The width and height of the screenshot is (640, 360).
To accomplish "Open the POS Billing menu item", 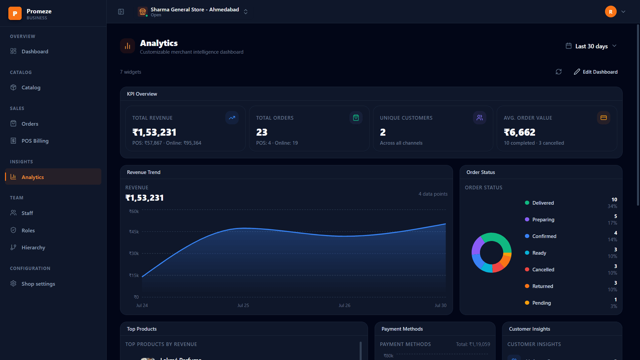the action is click(35, 141).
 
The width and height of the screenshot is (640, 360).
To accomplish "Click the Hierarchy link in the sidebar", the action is click(33, 247).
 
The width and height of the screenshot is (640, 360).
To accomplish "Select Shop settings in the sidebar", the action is click(38, 284).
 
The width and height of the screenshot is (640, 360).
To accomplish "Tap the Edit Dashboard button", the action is click(596, 72).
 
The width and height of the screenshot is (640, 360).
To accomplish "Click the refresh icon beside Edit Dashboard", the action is click(559, 72).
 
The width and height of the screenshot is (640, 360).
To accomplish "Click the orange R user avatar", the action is click(611, 12).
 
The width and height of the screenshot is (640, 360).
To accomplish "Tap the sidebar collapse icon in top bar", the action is click(121, 12).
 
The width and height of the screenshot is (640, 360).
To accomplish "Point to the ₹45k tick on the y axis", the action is click(134, 232).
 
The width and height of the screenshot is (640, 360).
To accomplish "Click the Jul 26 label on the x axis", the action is click(344, 305).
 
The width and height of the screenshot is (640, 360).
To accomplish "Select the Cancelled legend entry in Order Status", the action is click(540, 269).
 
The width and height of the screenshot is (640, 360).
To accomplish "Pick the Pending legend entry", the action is click(538, 303).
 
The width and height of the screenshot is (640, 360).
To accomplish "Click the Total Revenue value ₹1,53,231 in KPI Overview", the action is click(154, 132).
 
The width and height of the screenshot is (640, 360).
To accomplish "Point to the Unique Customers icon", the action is click(480, 118).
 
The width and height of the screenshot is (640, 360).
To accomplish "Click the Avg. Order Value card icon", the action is click(604, 118).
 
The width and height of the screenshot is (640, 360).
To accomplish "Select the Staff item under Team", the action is click(27, 213).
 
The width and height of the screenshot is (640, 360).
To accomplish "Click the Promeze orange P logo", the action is click(15, 13).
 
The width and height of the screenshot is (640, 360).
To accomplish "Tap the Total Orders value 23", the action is click(262, 132).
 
